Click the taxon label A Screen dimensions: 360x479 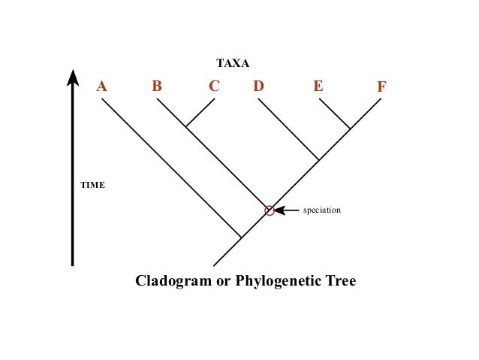pyautogui.click(x=102, y=86)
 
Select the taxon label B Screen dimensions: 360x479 pyautogui.click(x=157, y=86)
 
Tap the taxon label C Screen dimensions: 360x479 pyautogui.click(x=214, y=86)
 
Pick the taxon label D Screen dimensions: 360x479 pyautogui.click(x=258, y=86)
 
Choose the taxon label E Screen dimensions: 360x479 pyautogui.click(x=318, y=86)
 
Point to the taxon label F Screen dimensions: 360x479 pyautogui.click(x=381, y=87)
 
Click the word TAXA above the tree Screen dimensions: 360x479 pyautogui.click(x=233, y=63)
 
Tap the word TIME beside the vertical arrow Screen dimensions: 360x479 pyautogui.click(x=93, y=185)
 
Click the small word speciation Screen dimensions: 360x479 pyautogui.click(x=321, y=210)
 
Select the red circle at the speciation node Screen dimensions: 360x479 pyautogui.click(x=269, y=210)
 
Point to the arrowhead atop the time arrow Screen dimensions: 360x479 pyautogui.click(x=73, y=77)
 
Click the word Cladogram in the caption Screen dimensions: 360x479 pyautogui.click(x=173, y=281)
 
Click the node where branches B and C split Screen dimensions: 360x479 pyautogui.click(x=186, y=127)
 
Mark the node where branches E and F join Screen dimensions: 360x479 pyautogui.click(x=350, y=129)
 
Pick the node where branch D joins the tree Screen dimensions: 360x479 pyautogui.click(x=319, y=159)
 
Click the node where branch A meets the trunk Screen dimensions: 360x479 pyautogui.click(x=241, y=237)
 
